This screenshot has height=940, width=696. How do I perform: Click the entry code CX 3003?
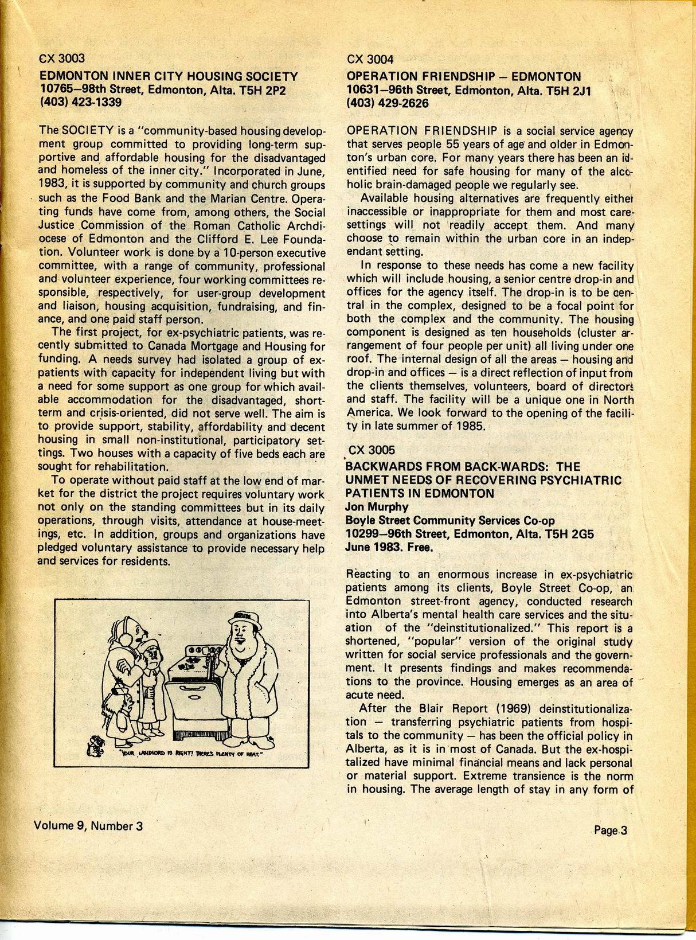coord(62,58)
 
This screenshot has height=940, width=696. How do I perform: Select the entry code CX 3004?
coord(370,59)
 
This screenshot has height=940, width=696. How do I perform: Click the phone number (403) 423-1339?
coord(81,103)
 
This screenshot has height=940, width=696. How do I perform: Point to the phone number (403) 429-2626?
coord(388,103)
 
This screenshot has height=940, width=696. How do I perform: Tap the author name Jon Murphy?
coord(377,507)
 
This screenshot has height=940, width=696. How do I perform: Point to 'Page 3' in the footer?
coord(611,830)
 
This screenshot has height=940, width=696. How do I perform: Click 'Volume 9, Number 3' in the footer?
coord(88,826)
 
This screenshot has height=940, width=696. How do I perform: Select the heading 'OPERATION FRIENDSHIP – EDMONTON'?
coord(463,76)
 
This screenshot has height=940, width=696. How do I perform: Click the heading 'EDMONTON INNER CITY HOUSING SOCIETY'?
coord(169,76)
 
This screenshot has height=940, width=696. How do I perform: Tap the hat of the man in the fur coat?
coord(244,618)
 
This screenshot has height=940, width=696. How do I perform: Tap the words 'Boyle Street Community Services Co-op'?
coord(450,521)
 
